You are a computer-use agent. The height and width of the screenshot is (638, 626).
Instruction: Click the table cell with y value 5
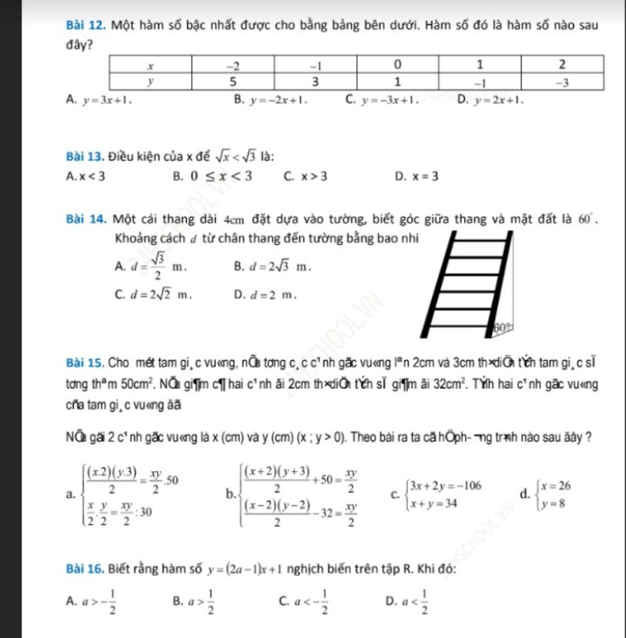click(232, 81)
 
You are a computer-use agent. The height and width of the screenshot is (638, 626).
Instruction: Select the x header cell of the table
click(150, 64)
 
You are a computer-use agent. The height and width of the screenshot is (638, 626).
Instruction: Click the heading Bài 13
click(83, 156)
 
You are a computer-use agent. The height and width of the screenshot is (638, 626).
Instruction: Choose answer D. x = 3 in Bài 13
click(416, 177)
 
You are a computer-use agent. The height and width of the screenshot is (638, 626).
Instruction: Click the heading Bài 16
click(83, 569)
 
